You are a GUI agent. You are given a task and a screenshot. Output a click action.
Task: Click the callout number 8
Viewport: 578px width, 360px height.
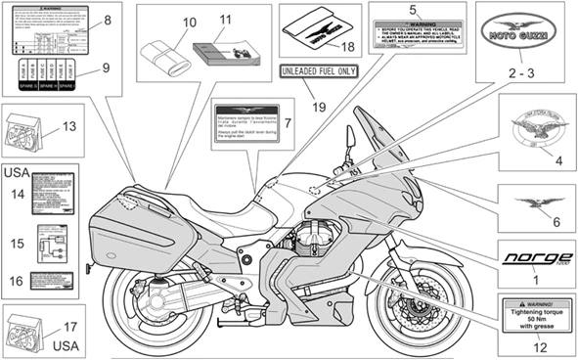(107, 21)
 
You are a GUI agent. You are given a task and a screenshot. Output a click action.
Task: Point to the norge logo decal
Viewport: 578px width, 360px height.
(534, 258)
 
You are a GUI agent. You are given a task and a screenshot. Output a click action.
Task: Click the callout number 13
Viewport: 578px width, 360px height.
(68, 126)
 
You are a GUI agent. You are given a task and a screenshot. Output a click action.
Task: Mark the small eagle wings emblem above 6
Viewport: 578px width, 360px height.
(534, 202)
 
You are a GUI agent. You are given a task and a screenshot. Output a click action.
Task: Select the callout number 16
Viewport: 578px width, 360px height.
(15, 281)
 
